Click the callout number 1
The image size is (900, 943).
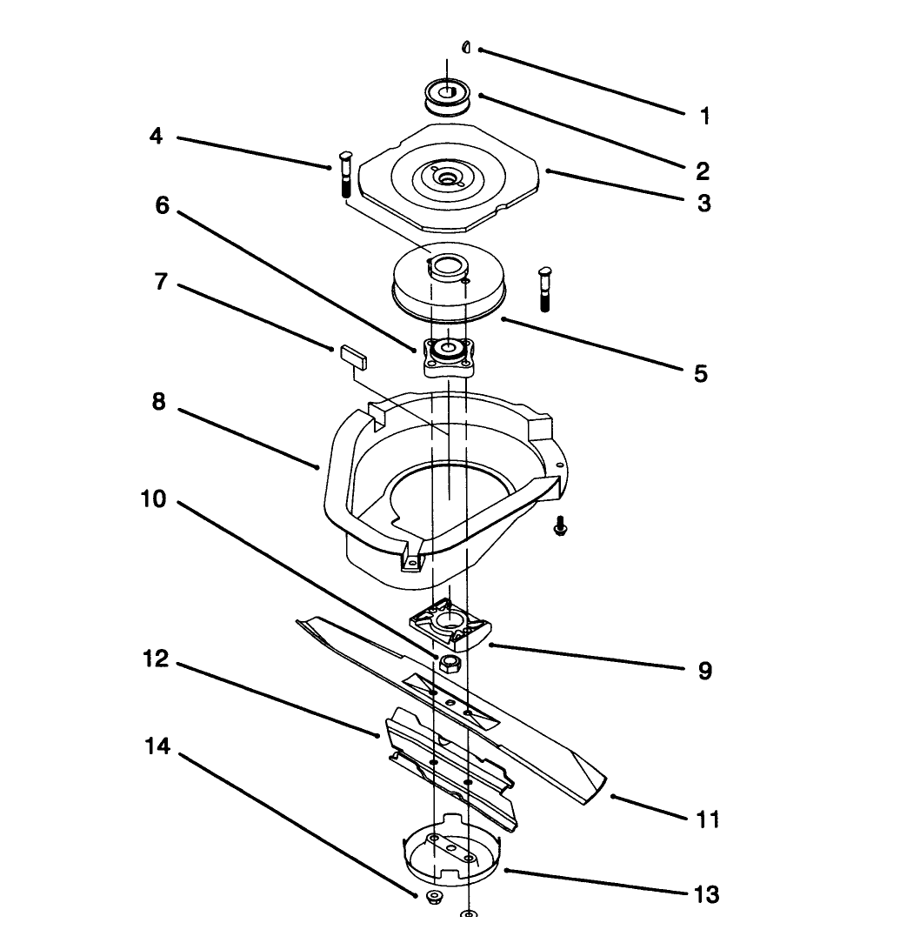tap(704, 116)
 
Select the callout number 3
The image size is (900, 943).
tap(703, 203)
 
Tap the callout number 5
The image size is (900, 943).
tap(701, 373)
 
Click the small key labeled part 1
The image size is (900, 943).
tap(467, 47)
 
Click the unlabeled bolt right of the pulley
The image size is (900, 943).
tap(546, 287)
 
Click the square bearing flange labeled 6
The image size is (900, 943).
tap(449, 356)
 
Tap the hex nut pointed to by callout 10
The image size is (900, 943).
tap(450, 665)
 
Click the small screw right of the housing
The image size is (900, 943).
tap(561, 525)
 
